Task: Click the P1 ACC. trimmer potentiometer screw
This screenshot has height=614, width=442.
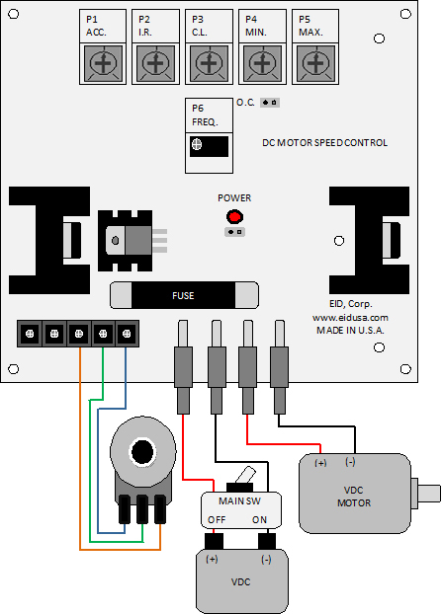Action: [103, 63]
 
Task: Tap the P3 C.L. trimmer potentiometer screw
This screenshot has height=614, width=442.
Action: [209, 63]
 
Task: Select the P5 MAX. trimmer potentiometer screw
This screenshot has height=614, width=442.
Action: [315, 63]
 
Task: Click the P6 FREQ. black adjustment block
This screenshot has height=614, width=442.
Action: [209, 146]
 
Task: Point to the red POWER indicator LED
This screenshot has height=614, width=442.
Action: [234, 216]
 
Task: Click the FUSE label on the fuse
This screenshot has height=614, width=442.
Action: [183, 295]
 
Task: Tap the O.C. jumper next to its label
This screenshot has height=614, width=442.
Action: [270, 103]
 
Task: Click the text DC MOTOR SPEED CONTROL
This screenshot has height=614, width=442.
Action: [324, 143]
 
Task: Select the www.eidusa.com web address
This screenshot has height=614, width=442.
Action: [350, 318]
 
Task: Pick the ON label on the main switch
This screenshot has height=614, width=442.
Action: [259, 520]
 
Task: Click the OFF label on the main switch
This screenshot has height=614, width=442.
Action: [217, 520]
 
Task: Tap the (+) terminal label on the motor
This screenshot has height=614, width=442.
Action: [320, 463]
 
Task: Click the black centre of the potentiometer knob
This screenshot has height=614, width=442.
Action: [142, 451]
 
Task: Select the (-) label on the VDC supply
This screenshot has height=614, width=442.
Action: [266, 560]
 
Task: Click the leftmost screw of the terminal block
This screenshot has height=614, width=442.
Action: [30, 334]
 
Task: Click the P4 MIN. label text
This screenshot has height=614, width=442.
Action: [256, 26]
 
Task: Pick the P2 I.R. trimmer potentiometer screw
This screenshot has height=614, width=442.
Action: [155, 63]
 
